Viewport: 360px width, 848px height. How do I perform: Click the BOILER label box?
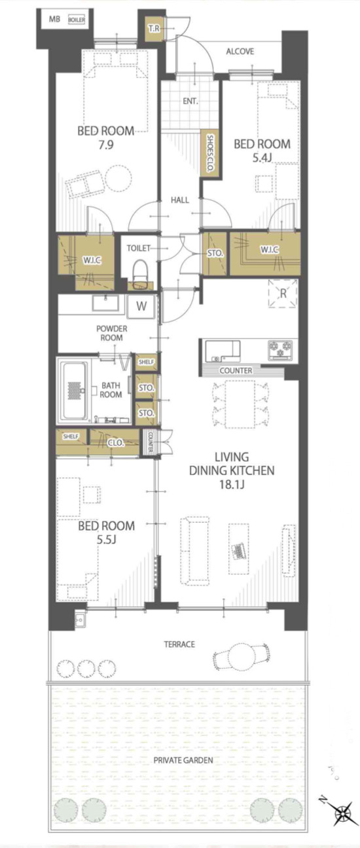77,20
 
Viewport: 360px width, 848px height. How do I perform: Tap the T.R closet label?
154,28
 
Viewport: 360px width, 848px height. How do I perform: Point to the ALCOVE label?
240,51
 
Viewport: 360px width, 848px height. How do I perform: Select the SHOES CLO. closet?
209,154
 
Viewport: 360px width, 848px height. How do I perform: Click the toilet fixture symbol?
141,272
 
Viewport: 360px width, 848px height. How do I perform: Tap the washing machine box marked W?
141,306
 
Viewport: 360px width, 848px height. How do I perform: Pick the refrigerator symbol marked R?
283,293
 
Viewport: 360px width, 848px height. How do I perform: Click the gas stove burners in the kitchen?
281,349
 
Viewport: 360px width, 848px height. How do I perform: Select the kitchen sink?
223,351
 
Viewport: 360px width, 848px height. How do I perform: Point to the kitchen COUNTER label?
236,370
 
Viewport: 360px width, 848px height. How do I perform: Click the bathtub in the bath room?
75,390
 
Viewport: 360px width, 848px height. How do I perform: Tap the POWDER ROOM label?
112,333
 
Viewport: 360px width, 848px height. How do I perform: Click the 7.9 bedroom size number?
106,145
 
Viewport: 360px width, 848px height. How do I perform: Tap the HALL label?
180,200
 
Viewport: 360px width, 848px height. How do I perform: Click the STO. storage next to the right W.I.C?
215,253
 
